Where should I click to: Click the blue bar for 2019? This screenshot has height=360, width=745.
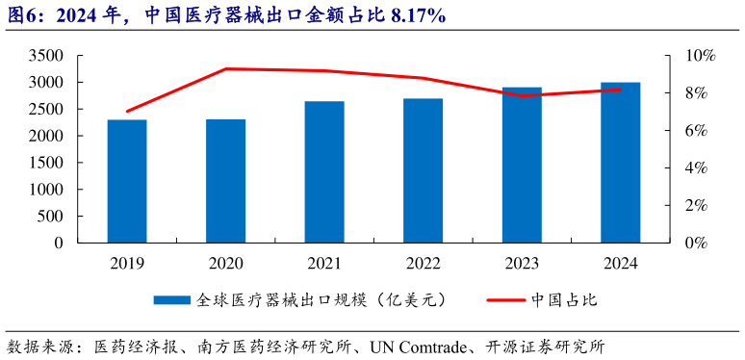pos(127,181)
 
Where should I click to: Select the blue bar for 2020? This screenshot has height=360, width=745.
pos(225,181)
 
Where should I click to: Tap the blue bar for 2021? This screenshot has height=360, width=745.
pos(324,172)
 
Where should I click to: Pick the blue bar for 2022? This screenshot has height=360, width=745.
pos(423,170)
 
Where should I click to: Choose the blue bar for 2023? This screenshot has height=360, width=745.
pos(522,165)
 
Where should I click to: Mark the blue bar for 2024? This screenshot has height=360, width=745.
pos(620,163)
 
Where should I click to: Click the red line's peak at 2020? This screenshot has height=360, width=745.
pos(225,68)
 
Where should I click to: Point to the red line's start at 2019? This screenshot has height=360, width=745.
pos(127,112)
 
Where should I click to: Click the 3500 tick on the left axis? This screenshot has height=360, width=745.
pos(45,56)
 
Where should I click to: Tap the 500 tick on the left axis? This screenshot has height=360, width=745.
pos(49,217)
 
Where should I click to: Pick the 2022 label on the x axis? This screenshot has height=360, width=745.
pos(423,263)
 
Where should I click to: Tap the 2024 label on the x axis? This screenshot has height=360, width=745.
pos(620,263)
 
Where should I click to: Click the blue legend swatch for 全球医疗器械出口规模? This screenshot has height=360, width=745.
pos(172,300)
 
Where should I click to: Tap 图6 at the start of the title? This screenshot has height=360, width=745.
pos(21,16)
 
